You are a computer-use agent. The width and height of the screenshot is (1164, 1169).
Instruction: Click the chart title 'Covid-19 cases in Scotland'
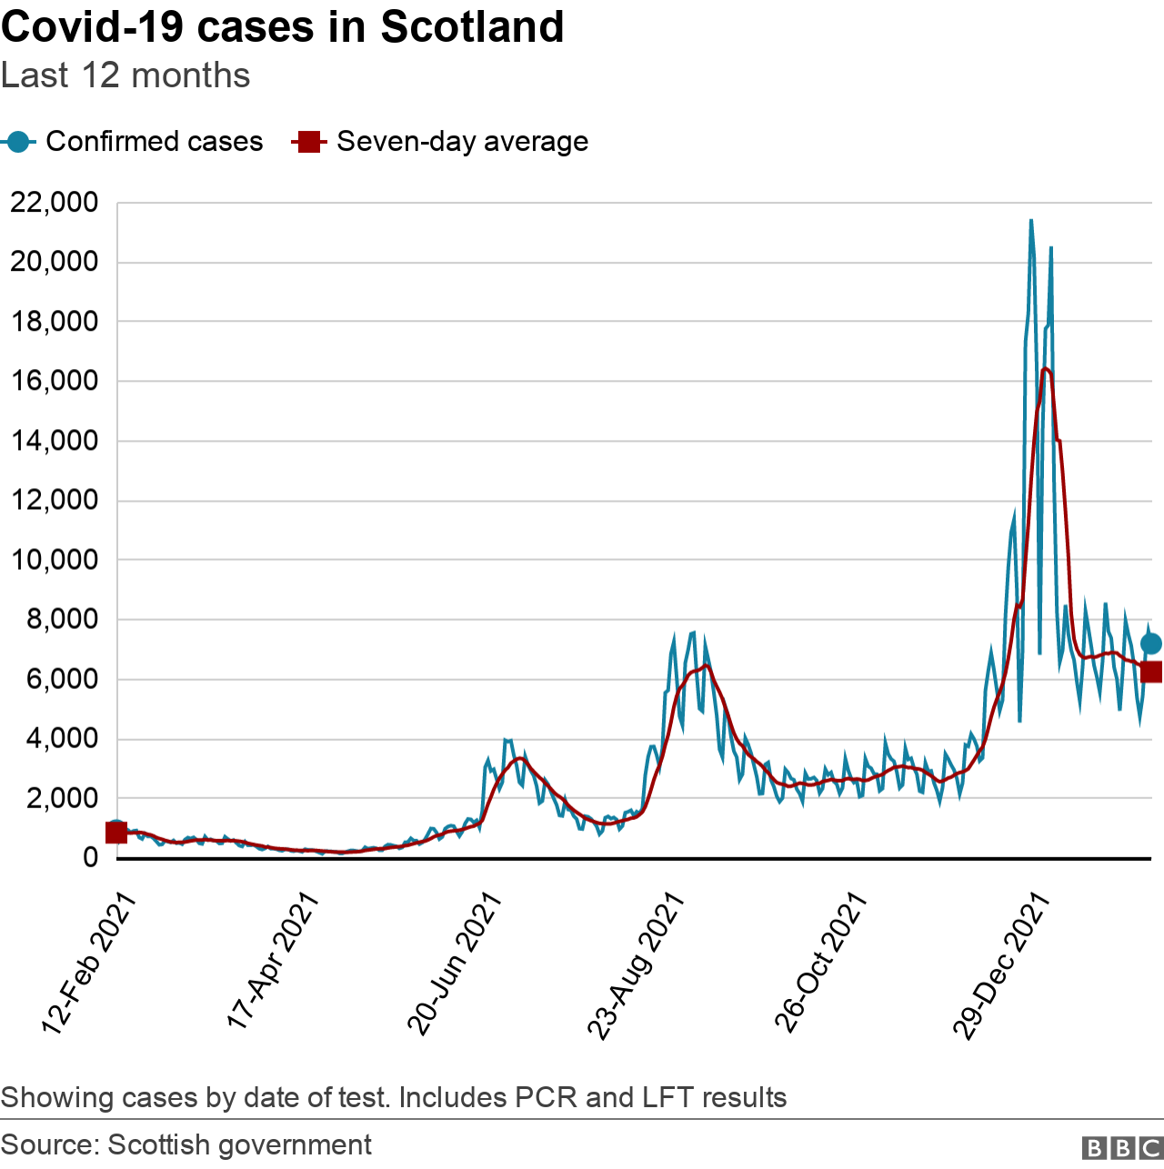pyautogui.click(x=282, y=27)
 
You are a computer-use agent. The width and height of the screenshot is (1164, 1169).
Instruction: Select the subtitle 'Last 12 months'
pyautogui.click(x=125, y=75)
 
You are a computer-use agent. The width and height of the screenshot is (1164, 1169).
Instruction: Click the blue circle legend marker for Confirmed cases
pyautogui.click(x=18, y=142)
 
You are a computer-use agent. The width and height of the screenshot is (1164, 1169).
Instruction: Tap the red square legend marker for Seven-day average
pyautogui.click(x=308, y=142)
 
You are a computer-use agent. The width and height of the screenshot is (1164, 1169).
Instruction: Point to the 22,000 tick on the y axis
pyautogui.click(x=55, y=203)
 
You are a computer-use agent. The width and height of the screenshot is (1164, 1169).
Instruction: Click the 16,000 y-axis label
pyautogui.click(x=55, y=381)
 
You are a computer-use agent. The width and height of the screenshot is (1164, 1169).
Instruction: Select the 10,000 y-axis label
pyautogui.click(x=55, y=560)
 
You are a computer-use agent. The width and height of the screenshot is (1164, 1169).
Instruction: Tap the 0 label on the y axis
pyautogui.click(x=90, y=857)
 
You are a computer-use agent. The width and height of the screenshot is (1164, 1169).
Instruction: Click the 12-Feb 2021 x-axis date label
pyautogui.click(x=88, y=964)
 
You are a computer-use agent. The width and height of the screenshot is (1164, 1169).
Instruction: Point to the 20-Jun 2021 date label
pyautogui.click(x=454, y=964)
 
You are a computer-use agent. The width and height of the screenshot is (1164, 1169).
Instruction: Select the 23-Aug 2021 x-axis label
pyautogui.click(x=635, y=965)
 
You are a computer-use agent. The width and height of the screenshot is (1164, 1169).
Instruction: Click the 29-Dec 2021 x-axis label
pyautogui.click(x=1002, y=965)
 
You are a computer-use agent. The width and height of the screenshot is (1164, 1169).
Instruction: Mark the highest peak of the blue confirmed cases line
pyautogui.click(x=1030, y=220)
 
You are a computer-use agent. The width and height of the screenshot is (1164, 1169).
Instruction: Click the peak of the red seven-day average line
pyautogui.click(x=1045, y=368)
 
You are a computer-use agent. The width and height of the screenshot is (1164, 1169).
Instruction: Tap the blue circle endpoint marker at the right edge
pyautogui.click(x=1150, y=644)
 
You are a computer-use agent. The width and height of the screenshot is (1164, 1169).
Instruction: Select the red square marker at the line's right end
pyautogui.click(x=1151, y=672)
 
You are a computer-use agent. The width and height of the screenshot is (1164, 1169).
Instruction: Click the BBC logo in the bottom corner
pyautogui.click(x=1123, y=1148)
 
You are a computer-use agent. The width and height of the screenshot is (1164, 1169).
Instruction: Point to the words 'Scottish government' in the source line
pyautogui.click(x=239, y=1144)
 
